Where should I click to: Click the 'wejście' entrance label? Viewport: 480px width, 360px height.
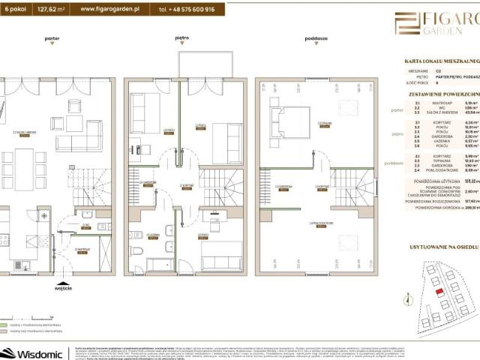tap(63, 286)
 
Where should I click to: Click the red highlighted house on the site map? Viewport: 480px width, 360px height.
tap(438, 292)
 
